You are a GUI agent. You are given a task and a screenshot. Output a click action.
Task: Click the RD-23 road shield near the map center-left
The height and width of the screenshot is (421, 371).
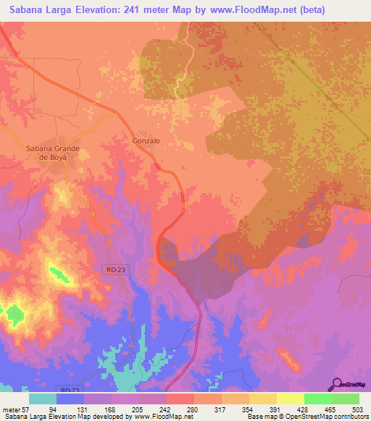tap(113, 269)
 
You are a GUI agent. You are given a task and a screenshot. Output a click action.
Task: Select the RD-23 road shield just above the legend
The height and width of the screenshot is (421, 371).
tap(70, 390)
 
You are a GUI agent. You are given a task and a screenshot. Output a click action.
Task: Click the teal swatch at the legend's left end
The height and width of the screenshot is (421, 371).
tap(43, 399)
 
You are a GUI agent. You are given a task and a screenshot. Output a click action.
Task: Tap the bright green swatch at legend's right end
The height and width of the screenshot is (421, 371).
tap(346, 399)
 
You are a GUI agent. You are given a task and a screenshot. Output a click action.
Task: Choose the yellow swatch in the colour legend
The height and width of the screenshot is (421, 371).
tap(291, 399)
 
